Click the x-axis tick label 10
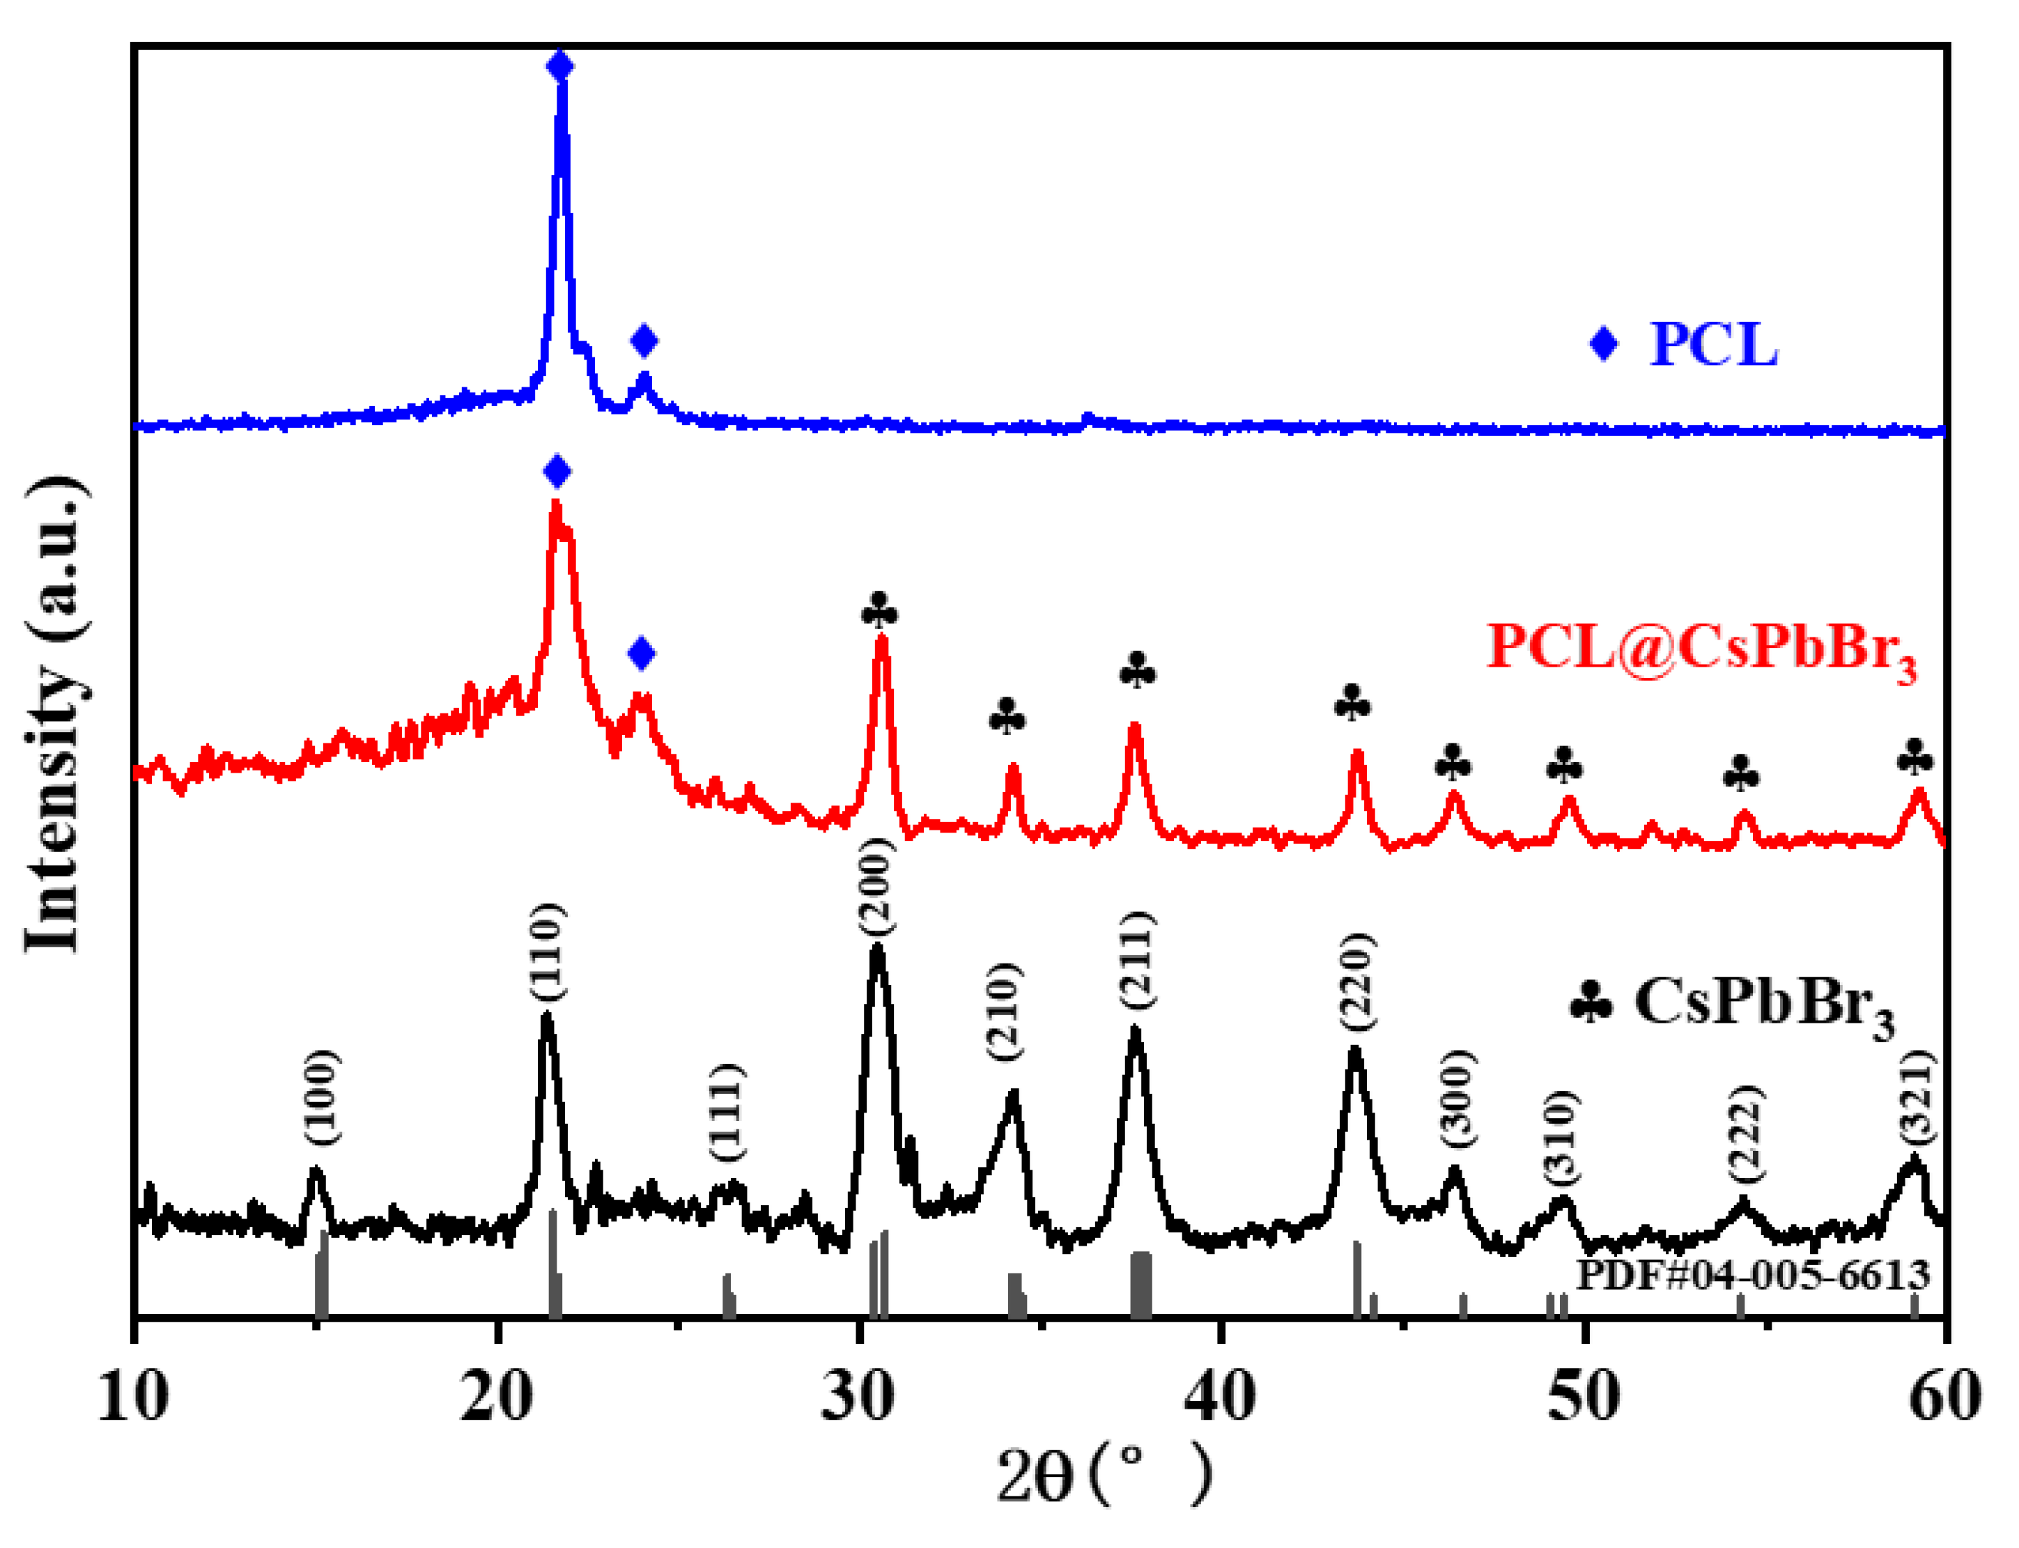tap(134, 1397)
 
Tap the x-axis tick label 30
tap(858, 1397)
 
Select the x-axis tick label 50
tap(1583, 1397)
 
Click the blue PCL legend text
tap(1712, 345)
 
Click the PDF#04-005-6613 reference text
tap(1751, 1276)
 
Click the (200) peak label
tap(876, 886)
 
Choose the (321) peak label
tap(1917, 1097)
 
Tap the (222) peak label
tap(1745, 1134)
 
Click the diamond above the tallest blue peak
tap(560, 66)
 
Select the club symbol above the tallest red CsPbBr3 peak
tap(879, 610)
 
